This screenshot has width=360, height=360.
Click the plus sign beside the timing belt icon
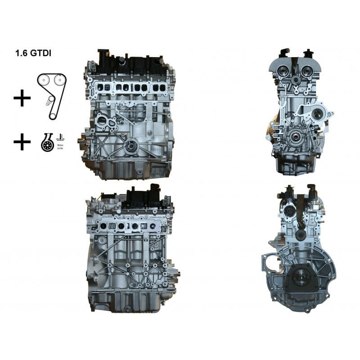coord(22,98)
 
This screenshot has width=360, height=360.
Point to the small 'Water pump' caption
coord(59,147)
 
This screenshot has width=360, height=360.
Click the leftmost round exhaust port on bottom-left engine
coord(105,226)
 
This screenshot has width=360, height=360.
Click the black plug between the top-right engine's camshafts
coord(296,80)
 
